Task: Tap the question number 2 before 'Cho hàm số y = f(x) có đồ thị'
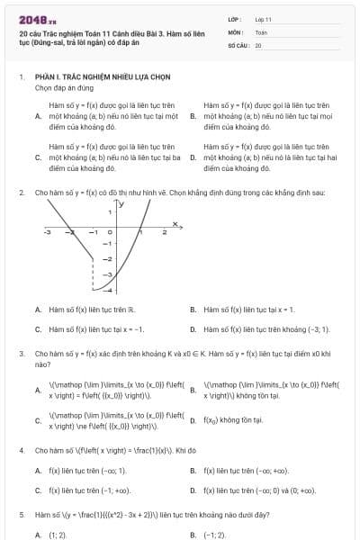(x=22, y=193)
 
